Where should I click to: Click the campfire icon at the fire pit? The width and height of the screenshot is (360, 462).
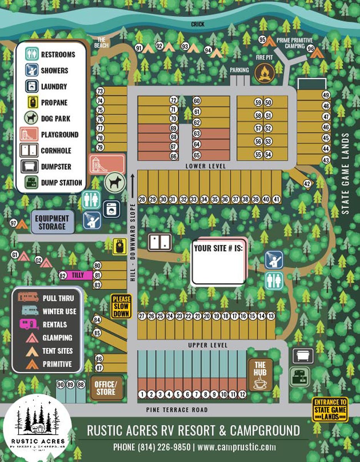(x=264, y=73)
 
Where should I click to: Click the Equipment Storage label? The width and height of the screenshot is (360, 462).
(x=52, y=222)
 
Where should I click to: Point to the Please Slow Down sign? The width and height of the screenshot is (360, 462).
(x=121, y=306)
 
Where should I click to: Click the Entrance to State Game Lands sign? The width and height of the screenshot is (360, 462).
(x=330, y=410)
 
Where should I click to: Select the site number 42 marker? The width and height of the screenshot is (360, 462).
(x=307, y=184)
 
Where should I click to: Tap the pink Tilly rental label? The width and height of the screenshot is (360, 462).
(x=77, y=275)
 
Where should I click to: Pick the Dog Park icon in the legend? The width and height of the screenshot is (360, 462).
(x=31, y=119)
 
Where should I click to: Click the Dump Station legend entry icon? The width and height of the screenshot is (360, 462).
(x=31, y=182)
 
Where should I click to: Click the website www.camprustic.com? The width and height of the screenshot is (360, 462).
(x=237, y=447)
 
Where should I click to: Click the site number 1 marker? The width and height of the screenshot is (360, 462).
(x=142, y=394)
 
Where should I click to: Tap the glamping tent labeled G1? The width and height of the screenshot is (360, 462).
(x=23, y=256)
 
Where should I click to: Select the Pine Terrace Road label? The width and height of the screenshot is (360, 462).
(x=177, y=410)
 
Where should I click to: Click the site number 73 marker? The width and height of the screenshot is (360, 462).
(x=100, y=91)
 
